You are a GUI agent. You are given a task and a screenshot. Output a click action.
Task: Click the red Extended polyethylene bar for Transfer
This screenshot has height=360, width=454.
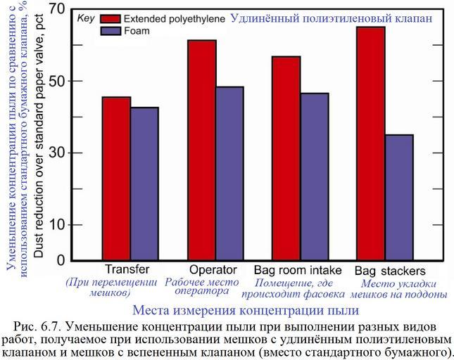coord(116,179)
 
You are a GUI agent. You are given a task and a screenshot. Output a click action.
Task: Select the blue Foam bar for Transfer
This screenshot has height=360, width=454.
coord(144,184)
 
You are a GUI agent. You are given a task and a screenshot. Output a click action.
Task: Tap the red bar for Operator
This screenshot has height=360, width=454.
coord(201,150)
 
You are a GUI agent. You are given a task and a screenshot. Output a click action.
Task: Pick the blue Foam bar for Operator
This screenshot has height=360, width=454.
coord(229,174)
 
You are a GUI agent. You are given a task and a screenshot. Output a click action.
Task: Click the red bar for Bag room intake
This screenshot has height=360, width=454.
coord(286,158)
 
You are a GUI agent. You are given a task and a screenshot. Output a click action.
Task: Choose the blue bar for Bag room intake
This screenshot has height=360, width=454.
coord(315,176)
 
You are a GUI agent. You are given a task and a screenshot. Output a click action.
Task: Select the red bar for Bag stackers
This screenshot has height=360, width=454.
coord(371,143)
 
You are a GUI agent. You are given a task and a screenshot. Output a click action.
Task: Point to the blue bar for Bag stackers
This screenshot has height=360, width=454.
coord(399,198)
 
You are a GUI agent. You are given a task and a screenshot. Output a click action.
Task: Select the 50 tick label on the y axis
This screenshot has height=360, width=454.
coord(56,81)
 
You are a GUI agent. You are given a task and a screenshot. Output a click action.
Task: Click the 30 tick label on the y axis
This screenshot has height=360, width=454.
coord(56,153)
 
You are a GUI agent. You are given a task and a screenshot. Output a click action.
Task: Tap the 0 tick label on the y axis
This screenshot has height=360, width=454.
coord(61,259)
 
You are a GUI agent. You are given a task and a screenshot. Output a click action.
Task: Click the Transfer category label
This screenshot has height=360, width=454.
coord(127,270)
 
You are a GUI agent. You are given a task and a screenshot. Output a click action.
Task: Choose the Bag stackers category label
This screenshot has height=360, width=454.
coord(389,271)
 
